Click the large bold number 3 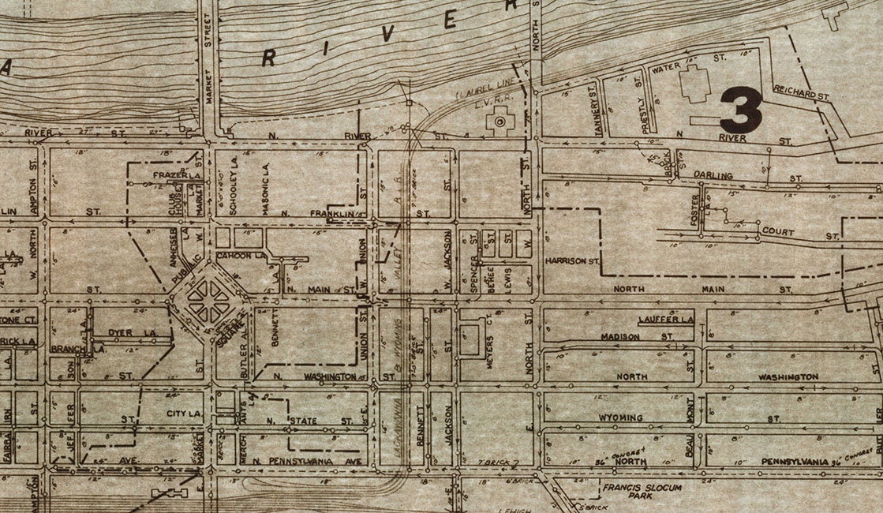pyautogui.click(x=741, y=110)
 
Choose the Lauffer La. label pyautogui.click(x=665, y=320)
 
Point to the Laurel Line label pyautogui.click(x=474, y=97)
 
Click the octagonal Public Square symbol pyautogui.click(x=208, y=301)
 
